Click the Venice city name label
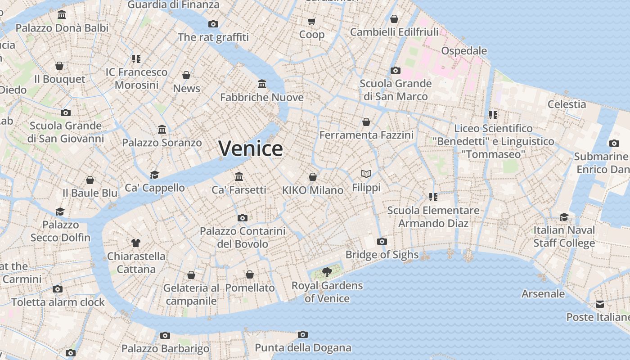[x=251, y=148]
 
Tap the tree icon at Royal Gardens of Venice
[x=327, y=272]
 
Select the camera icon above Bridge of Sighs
[x=382, y=241]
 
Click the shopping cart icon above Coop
[x=311, y=21]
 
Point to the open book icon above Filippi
[x=366, y=174]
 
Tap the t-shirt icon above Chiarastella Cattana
[x=136, y=243]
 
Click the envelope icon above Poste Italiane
[x=600, y=304]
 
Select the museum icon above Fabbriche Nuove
[x=262, y=84]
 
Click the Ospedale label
[x=464, y=50]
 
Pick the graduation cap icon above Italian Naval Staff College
[x=564, y=217]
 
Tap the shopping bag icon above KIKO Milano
[x=313, y=177]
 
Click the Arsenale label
[x=543, y=294]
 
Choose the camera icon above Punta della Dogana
[x=303, y=334]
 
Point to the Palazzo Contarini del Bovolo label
[x=243, y=238]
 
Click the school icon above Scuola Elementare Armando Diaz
[x=433, y=197]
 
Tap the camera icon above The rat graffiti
[x=213, y=24]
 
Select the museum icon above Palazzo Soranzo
[x=162, y=130]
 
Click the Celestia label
[x=567, y=104]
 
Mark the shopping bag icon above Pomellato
[x=250, y=274]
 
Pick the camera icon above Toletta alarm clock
[x=58, y=289]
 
